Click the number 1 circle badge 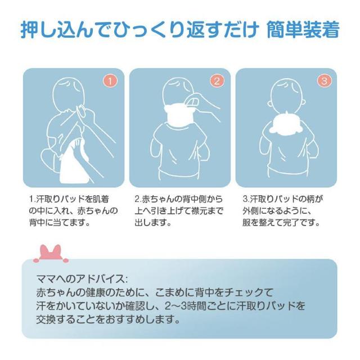111,80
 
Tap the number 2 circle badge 217,80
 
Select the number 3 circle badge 325,80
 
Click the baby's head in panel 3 285,93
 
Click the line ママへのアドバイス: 82,280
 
